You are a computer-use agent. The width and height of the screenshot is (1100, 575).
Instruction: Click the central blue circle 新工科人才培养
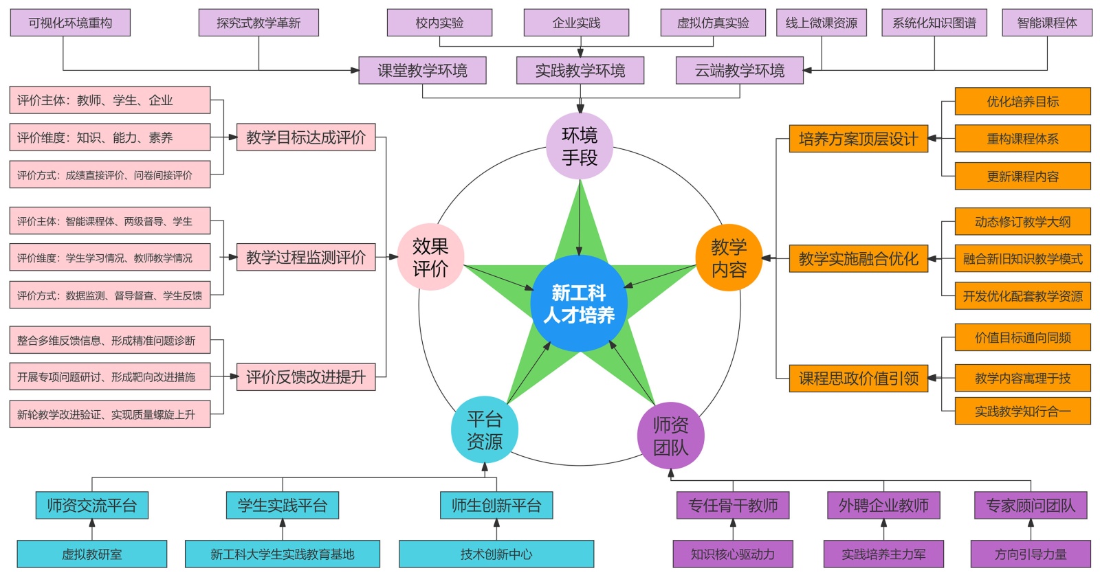point(579,304)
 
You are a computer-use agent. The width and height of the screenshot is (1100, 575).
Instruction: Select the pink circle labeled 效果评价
point(430,257)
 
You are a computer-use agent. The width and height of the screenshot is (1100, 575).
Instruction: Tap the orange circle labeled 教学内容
point(729,258)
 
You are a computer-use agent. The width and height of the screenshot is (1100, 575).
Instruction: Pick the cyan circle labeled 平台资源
point(484,430)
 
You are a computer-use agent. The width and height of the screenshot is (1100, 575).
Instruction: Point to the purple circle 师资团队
point(670,436)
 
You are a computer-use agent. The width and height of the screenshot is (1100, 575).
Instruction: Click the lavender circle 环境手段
point(580,146)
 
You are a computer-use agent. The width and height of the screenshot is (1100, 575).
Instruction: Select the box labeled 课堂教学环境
point(422,70)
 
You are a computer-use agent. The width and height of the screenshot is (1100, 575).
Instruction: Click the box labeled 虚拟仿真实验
point(713,23)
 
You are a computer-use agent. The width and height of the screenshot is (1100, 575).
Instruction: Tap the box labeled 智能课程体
point(1046,23)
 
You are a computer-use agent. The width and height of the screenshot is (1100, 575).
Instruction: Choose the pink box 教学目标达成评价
point(306,137)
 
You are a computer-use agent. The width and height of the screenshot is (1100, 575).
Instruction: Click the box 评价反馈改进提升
point(306,377)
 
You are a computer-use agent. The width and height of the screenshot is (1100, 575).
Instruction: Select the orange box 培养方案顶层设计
point(858,139)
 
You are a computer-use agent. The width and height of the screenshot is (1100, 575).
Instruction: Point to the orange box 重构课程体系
point(1022,139)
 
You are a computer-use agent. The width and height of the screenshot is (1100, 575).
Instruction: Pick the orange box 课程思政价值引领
point(858,379)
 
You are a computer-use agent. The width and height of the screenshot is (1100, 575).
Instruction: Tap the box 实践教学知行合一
point(1022,411)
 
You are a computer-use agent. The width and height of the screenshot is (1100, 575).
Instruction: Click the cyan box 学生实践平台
point(283,506)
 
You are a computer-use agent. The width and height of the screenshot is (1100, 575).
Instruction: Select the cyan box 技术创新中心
point(496,554)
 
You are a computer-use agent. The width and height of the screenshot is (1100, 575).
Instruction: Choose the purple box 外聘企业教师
point(883,506)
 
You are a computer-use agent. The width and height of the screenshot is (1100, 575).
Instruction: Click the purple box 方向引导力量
point(1030,554)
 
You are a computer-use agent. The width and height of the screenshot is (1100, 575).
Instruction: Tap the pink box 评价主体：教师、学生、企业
point(110,100)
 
